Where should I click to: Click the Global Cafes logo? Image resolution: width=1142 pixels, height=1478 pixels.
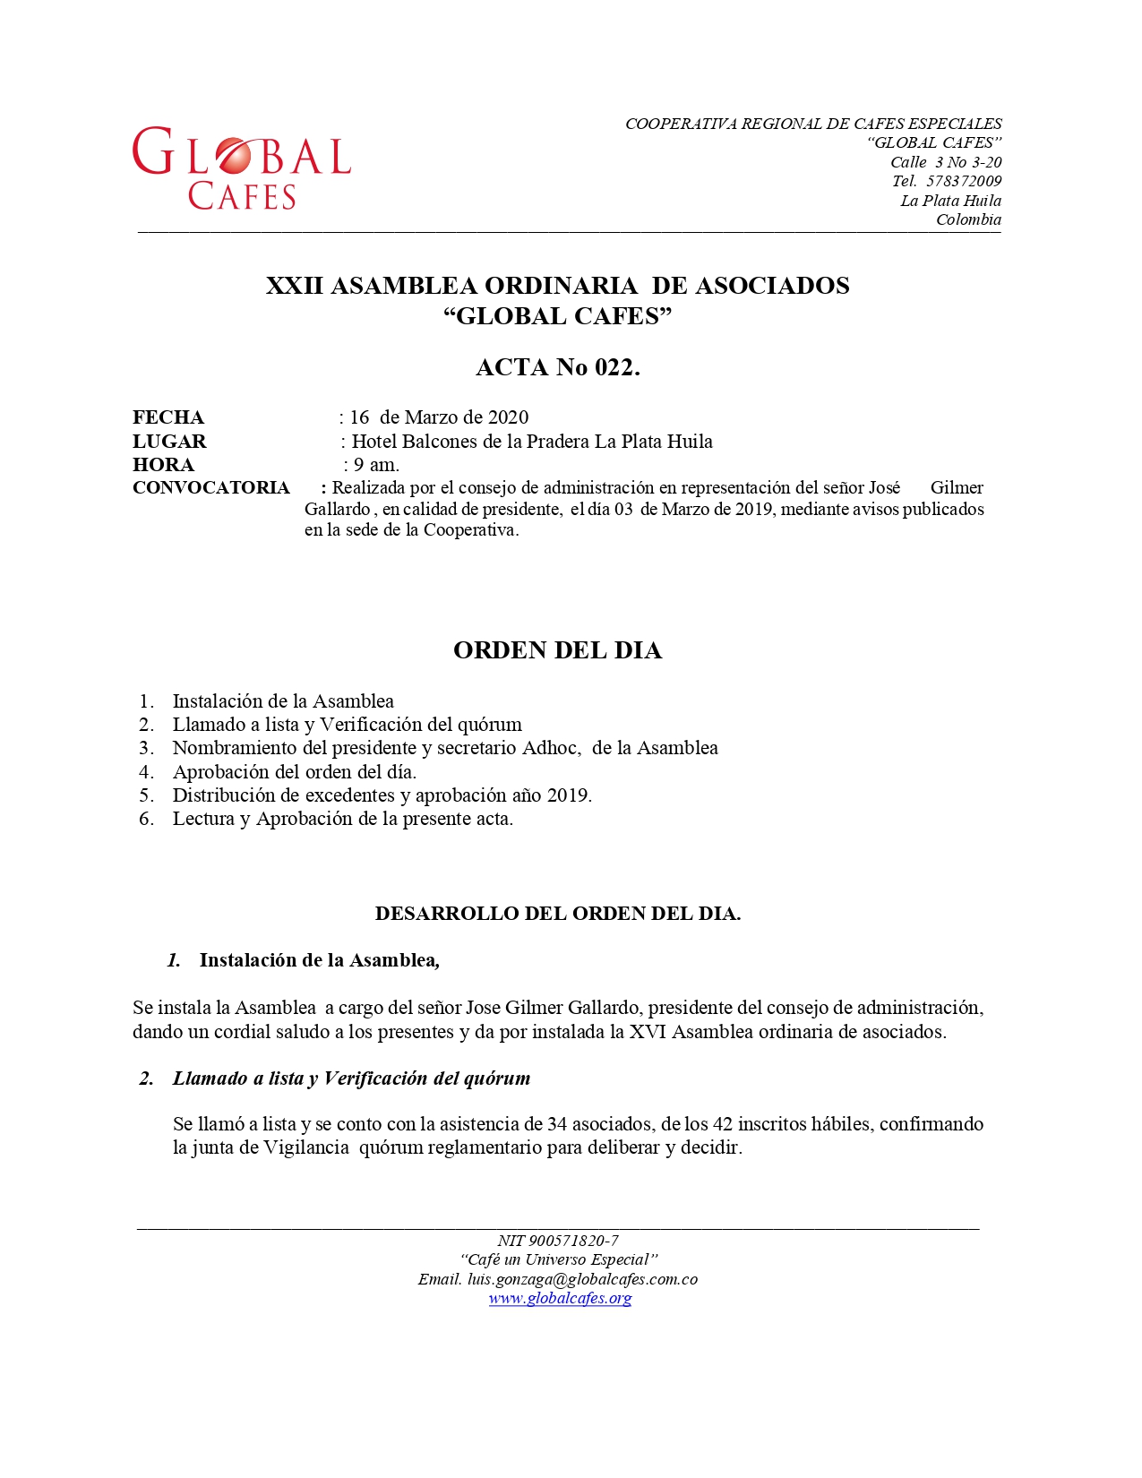[241, 168]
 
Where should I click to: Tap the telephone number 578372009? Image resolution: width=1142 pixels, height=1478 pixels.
[963, 181]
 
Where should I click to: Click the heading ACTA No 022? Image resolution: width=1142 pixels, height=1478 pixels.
[557, 367]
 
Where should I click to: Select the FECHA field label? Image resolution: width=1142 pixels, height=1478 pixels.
[168, 417]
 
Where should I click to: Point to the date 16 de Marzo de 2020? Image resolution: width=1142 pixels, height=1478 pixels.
[439, 417]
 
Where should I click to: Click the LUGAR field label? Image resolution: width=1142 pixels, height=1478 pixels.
[169, 442]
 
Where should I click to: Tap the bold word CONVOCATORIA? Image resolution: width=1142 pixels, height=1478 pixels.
[211, 488]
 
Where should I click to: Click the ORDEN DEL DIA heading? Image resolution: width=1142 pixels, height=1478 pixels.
[557, 650]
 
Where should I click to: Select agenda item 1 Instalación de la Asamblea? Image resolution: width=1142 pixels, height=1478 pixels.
[283, 701]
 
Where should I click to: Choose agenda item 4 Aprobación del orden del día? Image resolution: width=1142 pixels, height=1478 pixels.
[295, 772]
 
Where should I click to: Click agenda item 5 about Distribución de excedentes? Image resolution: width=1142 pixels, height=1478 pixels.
[382, 795]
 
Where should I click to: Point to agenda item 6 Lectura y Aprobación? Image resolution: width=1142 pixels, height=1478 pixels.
[342, 819]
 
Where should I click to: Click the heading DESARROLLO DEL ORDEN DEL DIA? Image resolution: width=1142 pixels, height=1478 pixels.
[557, 914]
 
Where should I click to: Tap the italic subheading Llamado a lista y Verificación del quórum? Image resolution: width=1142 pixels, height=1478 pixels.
[351, 1078]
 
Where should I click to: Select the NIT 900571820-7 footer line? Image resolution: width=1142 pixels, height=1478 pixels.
[557, 1241]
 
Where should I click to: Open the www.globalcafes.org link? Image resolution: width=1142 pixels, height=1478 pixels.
[560, 1298]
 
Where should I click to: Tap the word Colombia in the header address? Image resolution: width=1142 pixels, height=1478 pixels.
[968, 219]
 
